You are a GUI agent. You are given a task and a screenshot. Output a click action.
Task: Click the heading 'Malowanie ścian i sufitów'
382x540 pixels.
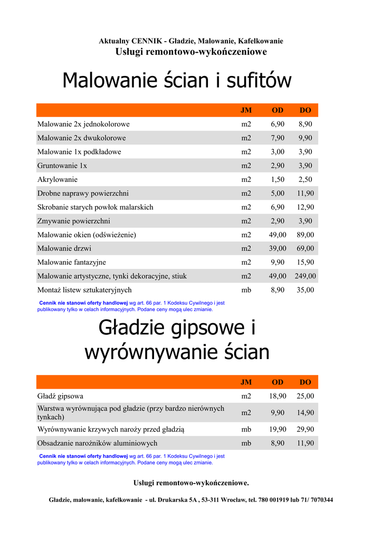pyautogui.click(x=177, y=81)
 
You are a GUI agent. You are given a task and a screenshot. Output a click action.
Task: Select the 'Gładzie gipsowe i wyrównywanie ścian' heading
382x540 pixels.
pyautogui.click(x=177, y=340)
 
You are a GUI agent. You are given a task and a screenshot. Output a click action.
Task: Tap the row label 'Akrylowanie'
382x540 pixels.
pyautogui.click(x=58, y=179)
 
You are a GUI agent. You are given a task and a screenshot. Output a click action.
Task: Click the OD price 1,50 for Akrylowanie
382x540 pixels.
pyautogui.click(x=278, y=179)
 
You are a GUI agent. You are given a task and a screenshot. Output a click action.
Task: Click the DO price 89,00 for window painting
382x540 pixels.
pyautogui.click(x=305, y=235)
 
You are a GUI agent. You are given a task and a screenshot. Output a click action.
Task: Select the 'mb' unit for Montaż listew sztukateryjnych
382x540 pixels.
pyautogui.click(x=246, y=290)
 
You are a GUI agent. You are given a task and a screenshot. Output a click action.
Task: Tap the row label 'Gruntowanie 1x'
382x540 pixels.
pyautogui.click(x=62, y=166)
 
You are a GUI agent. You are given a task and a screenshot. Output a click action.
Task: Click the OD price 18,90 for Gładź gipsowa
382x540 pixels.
pyautogui.click(x=278, y=396)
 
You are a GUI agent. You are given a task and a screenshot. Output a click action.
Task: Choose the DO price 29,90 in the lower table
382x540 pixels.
pyautogui.click(x=305, y=429)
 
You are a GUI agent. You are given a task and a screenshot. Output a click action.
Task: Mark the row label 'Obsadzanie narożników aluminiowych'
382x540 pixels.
pyautogui.click(x=97, y=443)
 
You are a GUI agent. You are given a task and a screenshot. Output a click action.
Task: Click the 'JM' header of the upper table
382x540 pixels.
pyautogui.click(x=246, y=110)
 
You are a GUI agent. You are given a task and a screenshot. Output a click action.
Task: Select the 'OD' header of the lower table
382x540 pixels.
pyautogui.click(x=278, y=382)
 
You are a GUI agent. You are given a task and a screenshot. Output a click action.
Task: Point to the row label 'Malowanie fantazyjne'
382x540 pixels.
pyautogui.click(x=72, y=262)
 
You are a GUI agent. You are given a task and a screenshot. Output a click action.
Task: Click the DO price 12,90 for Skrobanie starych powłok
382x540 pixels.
pyautogui.click(x=305, y=207)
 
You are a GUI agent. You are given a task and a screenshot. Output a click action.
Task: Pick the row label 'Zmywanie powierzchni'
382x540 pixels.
pyautogui.click(x=74, y=221)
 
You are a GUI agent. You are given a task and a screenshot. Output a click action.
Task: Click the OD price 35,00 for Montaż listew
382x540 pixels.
pyautogui.click(x=305, y=290)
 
